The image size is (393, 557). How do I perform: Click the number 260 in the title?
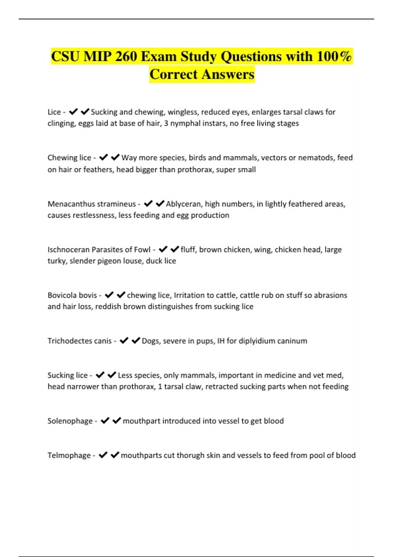point(126,56)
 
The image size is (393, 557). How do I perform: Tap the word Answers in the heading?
point(228,74)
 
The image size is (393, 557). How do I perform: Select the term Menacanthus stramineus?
point(92,204)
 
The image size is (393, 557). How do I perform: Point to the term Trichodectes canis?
point(80,341)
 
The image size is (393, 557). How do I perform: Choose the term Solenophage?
point(70,421)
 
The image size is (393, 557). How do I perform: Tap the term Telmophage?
point(69,455)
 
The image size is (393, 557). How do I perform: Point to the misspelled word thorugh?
point(190,455)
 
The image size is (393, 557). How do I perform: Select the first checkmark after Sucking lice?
point(100,375)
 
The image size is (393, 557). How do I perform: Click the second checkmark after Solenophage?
point(117,420)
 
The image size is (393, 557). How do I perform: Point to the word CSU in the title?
point(65,56)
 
